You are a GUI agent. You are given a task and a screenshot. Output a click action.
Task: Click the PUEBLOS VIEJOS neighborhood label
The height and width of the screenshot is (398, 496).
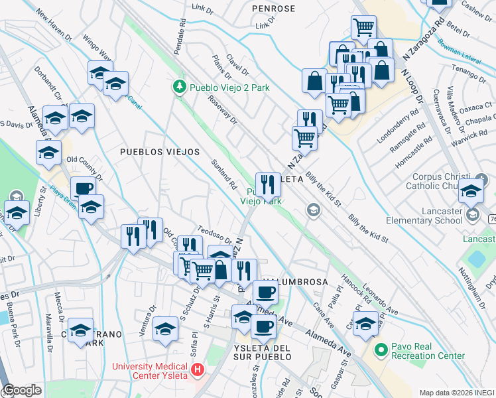click(159, 152)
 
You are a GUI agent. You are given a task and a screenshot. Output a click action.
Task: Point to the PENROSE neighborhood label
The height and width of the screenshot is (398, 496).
click(274, 9)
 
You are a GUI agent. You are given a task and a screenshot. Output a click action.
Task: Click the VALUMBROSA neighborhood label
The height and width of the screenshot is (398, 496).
click(296, 282)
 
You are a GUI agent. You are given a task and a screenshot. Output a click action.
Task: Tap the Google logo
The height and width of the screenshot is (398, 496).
click(23, 390)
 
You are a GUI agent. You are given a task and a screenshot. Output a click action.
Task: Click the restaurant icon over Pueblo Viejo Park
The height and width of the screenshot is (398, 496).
click(268, 184)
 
